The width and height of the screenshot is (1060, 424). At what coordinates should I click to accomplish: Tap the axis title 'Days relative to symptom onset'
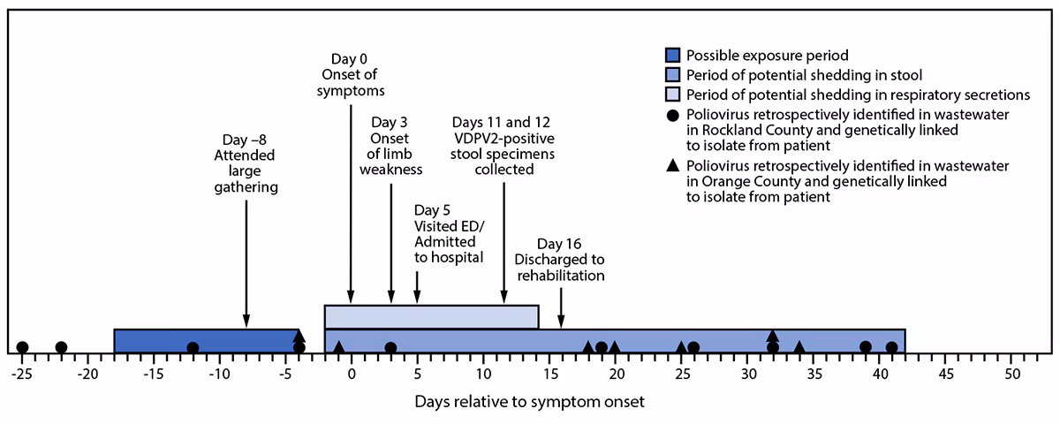[530, 402]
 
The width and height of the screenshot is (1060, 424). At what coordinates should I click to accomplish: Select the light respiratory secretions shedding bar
[431, 316]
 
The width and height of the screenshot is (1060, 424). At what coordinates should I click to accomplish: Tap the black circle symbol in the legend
[676, 117]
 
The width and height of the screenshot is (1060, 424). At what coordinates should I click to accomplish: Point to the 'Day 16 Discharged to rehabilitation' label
[561, 260]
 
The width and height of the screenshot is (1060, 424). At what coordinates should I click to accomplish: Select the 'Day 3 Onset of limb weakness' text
[391, 146]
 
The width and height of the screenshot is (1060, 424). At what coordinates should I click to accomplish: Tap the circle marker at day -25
[22, 347]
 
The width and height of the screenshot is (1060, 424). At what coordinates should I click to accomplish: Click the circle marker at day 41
[892, 347]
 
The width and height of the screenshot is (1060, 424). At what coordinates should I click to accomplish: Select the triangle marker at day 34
[799, 347]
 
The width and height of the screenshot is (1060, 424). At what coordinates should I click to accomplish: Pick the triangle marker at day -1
[338, 347]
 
